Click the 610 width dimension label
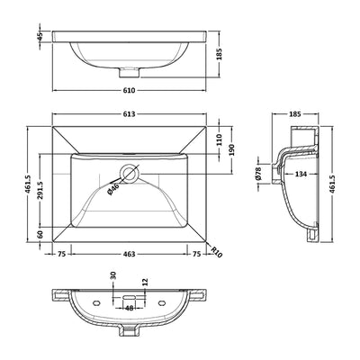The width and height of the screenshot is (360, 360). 130,90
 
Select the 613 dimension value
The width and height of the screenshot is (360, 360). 130,114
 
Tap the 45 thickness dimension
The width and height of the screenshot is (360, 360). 40,36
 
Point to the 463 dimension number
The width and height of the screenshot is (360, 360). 130,254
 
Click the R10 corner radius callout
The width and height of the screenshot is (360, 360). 216,252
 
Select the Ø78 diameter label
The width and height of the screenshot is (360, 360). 259,174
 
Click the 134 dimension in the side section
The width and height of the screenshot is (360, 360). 301,174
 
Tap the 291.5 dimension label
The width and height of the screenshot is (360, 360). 40,191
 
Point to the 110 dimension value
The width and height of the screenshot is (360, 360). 220,140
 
